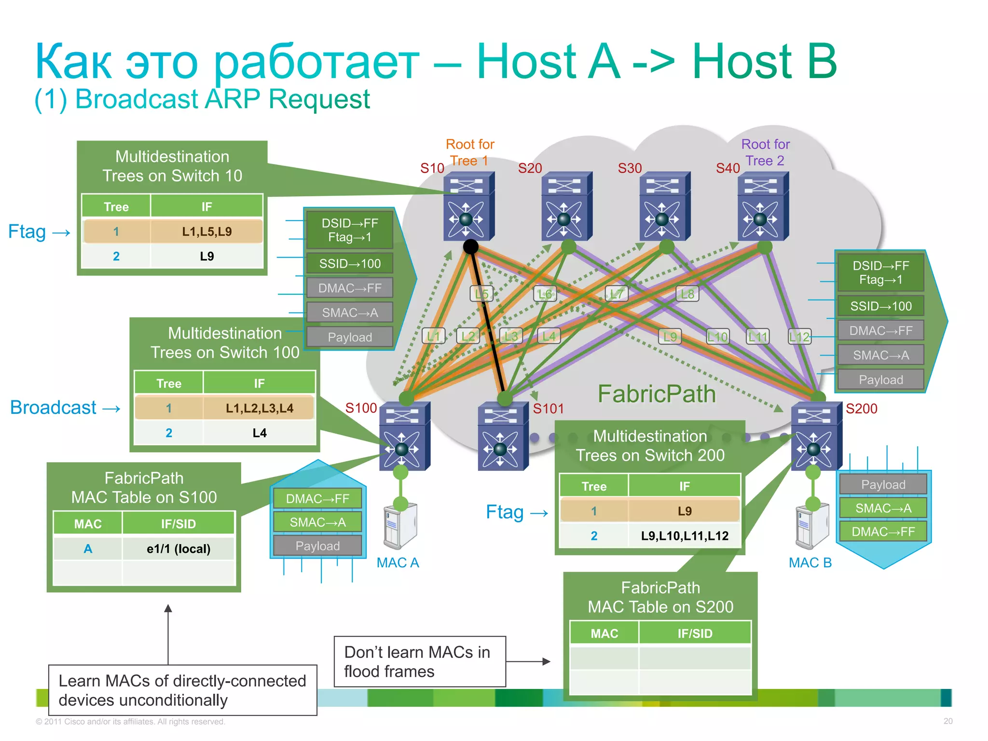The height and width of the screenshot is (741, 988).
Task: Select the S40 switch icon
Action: pos(762,206)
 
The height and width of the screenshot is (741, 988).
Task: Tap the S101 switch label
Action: pos(548,409)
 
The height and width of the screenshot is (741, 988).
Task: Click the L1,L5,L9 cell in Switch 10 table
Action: pos(206,232)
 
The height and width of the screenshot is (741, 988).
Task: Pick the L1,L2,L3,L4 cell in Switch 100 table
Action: pos(259,408)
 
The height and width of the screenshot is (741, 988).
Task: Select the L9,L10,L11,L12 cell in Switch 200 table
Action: pos(684,535)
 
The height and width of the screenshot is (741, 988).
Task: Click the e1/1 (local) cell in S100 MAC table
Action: pos(178,549)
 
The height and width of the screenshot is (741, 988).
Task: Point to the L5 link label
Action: pos(481,294)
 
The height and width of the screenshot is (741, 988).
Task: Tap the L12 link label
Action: pos(799,337)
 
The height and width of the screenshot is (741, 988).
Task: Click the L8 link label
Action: pos(687,294)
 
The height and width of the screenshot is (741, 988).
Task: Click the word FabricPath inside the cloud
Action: pos(657,394)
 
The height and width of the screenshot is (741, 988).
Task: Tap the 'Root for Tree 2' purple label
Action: pos(765,152)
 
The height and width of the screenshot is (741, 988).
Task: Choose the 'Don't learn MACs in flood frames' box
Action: pos(419,661)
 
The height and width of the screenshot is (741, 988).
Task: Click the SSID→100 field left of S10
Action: pos(350,264)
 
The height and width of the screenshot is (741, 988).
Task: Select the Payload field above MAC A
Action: pos(317,546)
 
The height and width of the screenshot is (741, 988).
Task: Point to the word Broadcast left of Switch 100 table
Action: pos(54,408)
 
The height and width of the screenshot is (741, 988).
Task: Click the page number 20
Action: pos(947,721)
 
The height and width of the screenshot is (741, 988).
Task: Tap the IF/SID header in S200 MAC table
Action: pos(694,633)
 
